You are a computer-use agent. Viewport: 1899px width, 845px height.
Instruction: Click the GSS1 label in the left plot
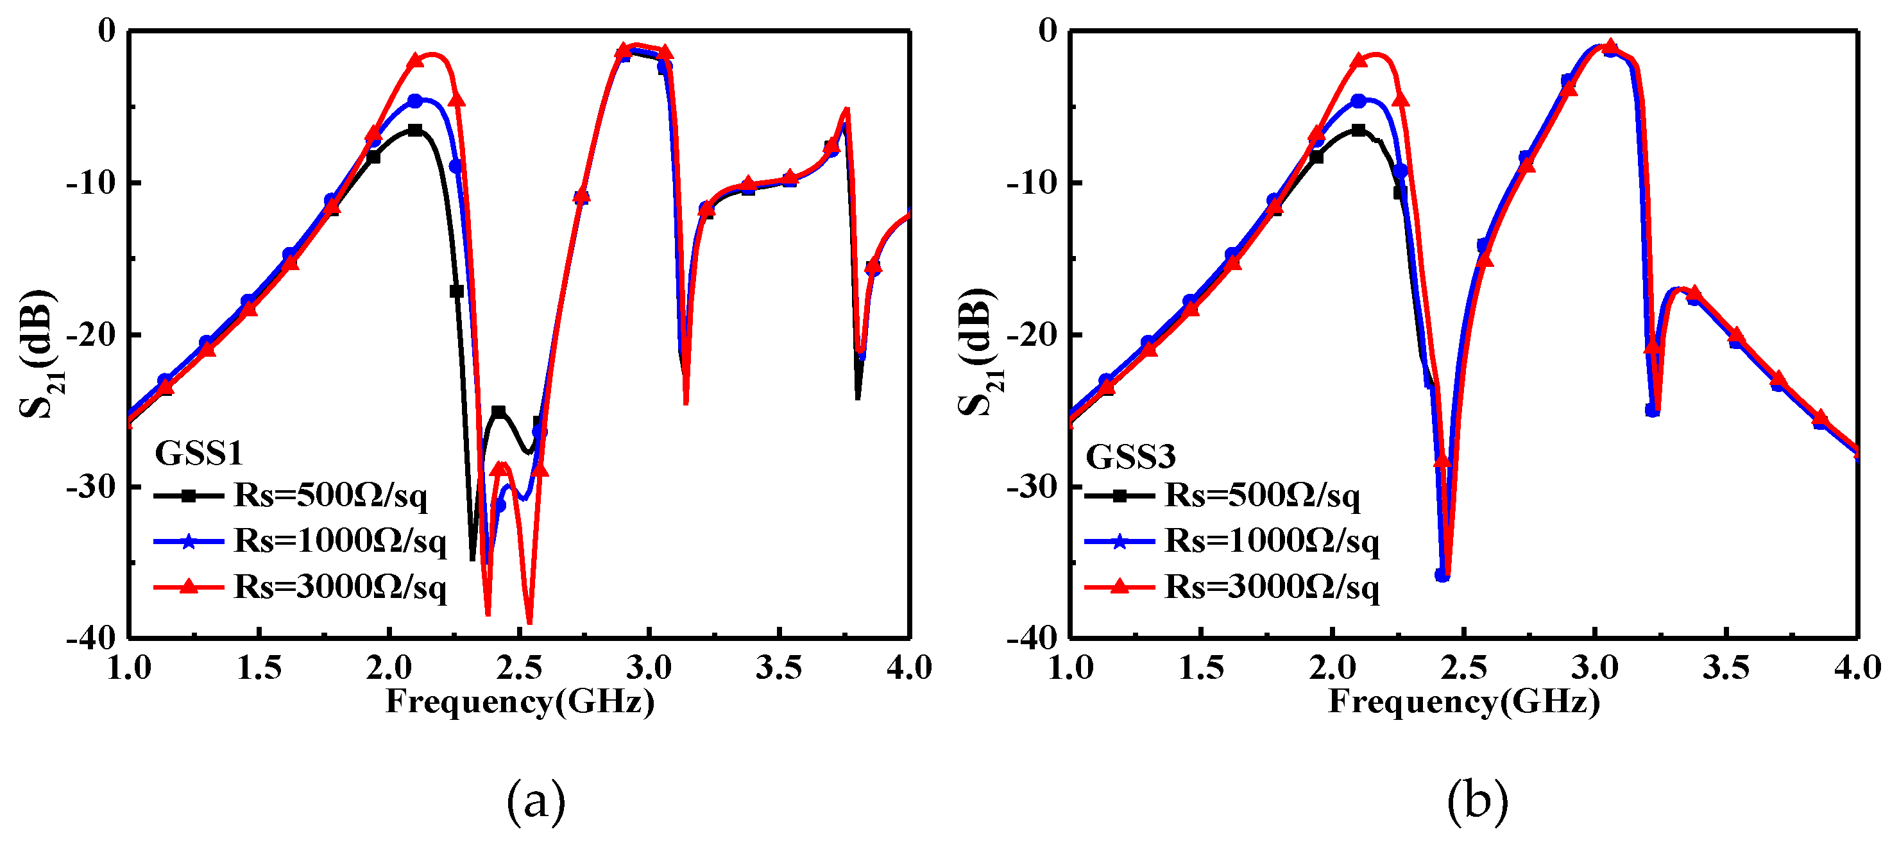pos(198,453)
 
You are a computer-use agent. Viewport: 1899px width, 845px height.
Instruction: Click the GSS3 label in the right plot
pos(1130,456)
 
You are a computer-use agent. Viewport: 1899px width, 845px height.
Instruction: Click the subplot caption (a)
pos(536,802)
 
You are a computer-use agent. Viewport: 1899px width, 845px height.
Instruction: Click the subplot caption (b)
pos(1477,802)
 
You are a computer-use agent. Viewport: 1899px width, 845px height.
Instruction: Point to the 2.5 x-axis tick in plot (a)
pos(519,668)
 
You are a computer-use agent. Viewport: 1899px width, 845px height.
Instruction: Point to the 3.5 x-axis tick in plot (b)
pos(1726,668)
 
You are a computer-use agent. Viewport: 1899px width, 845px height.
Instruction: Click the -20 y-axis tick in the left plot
pos(90,335)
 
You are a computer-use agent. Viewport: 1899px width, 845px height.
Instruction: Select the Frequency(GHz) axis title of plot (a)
pos(520,701)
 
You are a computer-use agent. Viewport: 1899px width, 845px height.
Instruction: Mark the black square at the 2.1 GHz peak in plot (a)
pos(415,130)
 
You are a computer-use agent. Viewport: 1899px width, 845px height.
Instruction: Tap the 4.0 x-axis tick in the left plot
pos(909,668)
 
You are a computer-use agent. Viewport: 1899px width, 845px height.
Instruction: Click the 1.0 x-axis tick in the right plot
pos(1070,668)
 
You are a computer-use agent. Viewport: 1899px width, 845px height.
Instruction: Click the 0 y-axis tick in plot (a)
pos(108,31)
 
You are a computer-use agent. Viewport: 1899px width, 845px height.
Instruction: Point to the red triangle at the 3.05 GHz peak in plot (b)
pos(1611,46)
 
